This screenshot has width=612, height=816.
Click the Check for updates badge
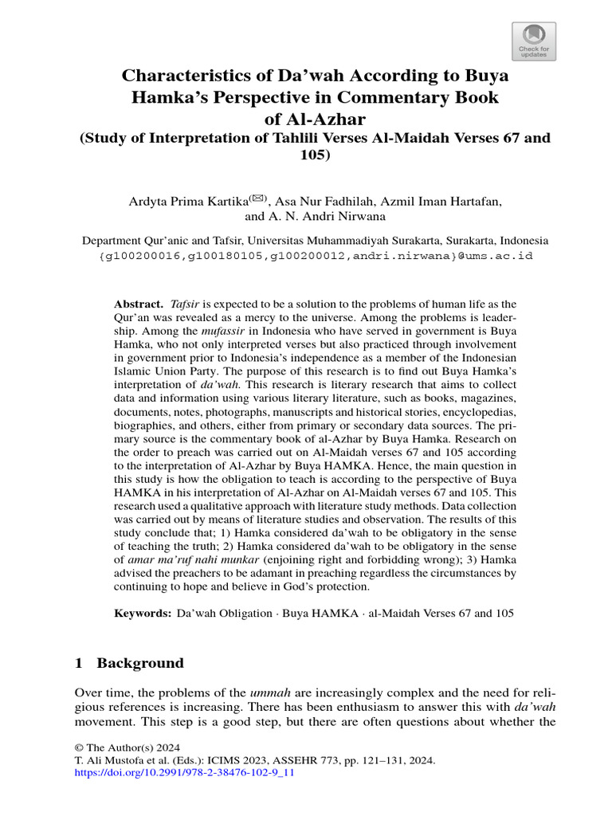(533, 41)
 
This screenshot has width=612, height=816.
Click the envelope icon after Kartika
(258, 198)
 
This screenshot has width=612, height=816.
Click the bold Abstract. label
(139, 304)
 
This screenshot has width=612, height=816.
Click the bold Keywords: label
(143, 614)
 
